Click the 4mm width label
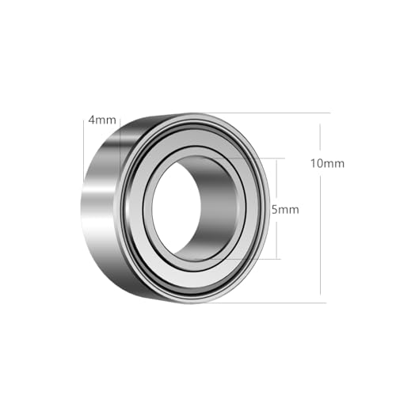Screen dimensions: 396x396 pyautogui.click(x=103, y=120)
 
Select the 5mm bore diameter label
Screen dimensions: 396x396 pyautogui.click(x=286, y=210)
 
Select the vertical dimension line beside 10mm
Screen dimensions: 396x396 pyautogui.click(x=322, y=238)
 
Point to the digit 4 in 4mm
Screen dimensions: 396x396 pyautogui.click(x=93, y=120)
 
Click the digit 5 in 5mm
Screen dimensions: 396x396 pyautogui.click(x=275, y=210)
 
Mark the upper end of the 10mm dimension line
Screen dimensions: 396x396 pyautogui.click(x=322, y=112)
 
